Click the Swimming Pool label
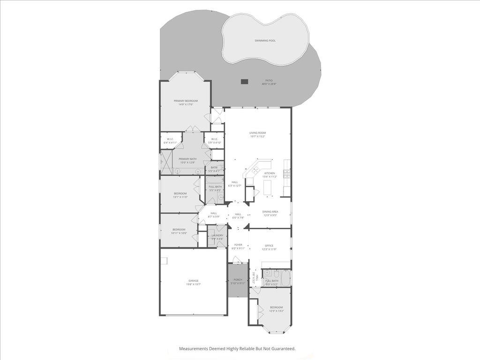(x=265, y=41)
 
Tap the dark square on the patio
(x=244, y=82)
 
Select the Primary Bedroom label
(x=186, y=101)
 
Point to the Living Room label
(x=257, y=133)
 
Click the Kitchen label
(x=270, y=173)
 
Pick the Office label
(x=269, y=246)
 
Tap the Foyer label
(x=238, y=245)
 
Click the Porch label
(x=238, y=280)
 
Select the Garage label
(x=193, y=281)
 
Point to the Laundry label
(x=217, y=235)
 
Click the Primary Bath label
(x=187, y=159)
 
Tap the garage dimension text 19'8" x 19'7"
(x=193, y=285)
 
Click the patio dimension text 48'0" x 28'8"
(x=269, y=84)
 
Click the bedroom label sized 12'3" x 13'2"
(x=276, y=307)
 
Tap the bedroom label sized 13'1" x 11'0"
(x=180, y=194)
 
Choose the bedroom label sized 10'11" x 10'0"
(x=179, y=229)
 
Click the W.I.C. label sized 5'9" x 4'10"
(x=214, y=139)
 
